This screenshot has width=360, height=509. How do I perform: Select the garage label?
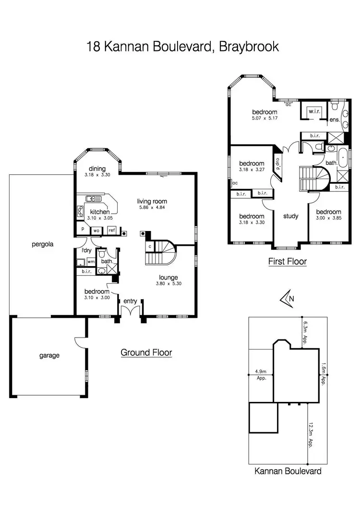click(49, 355)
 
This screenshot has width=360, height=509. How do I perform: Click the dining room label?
click(97, 168)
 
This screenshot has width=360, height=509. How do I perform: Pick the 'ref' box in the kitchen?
click(111, 230)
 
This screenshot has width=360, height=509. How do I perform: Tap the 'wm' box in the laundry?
click(90, 262)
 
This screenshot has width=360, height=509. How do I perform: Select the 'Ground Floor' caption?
click(146, 353)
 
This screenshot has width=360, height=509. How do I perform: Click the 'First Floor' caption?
click(288, 262)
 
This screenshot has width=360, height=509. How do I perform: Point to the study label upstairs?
click(290, 216)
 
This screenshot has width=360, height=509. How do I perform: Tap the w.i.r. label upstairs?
click(314, 111)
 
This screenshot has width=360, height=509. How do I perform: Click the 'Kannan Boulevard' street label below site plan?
click(288, 471)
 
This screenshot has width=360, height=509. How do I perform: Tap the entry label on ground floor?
click(130, 301)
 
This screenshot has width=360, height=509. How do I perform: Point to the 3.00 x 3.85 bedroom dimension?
click(329, 218)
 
